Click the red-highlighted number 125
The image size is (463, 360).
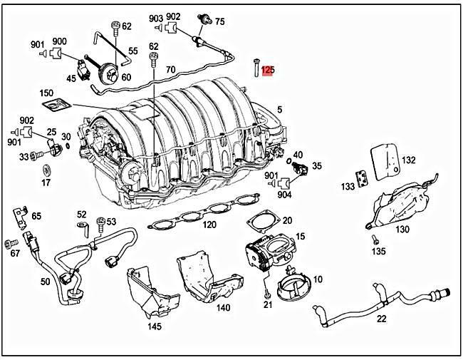pos(267,70)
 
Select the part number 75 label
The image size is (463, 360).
pos(219,21)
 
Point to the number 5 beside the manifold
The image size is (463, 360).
pos(280,109)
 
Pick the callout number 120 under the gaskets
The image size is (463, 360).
pos(209,225)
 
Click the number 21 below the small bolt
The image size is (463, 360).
pos(268,304)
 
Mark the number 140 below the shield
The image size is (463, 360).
pos(223,308)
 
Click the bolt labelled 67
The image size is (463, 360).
pos(10,244)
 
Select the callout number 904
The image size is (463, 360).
pos(283,195)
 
